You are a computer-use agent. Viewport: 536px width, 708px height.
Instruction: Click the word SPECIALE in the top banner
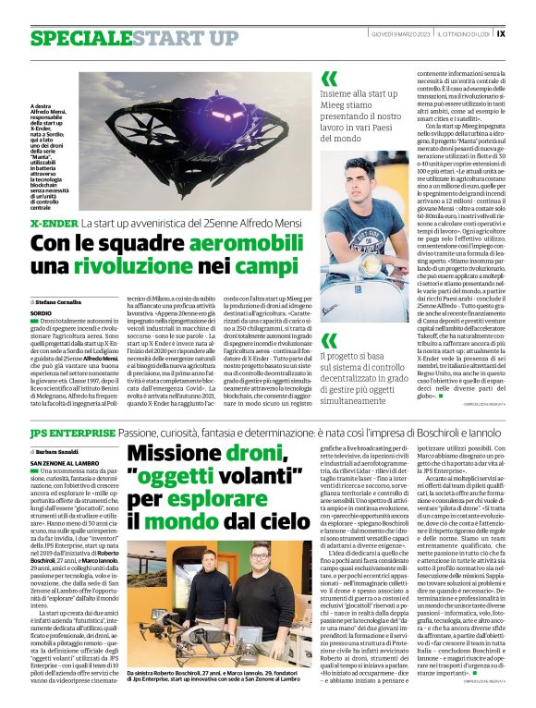pyautogui.click(x=79, y=38)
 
